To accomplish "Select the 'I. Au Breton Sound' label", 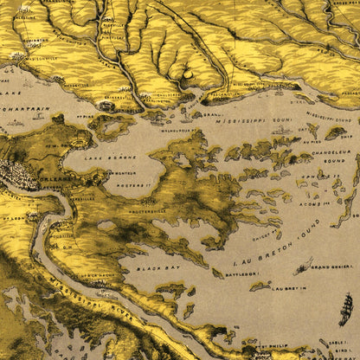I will point(268,240).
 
